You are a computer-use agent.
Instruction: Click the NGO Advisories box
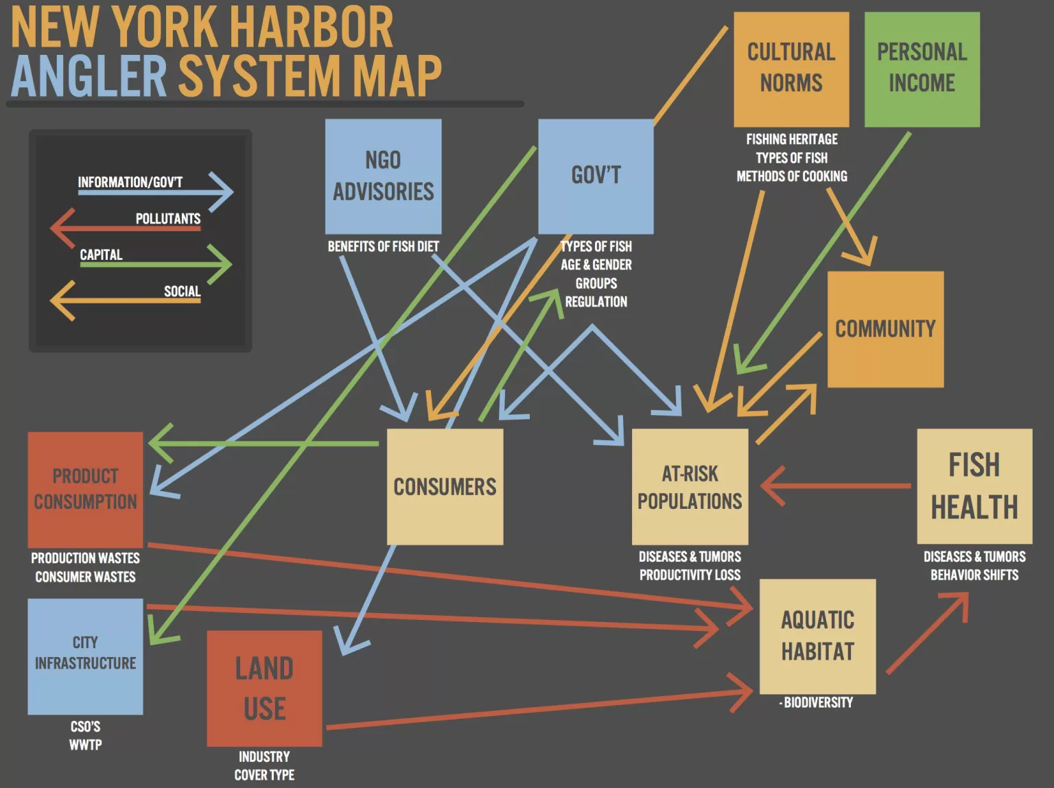click(x=383, y=176)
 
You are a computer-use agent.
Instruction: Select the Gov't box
click(x=596, y=176)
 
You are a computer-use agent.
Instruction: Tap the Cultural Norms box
click(x=791, y=69)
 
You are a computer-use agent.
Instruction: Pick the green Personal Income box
click(x=922, y=69)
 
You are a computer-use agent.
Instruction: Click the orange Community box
click(x=885, y=329)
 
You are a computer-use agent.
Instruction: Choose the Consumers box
click(x=445, y=487)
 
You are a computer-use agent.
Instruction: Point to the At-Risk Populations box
click(x=690, y=487)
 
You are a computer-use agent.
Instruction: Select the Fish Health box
click(x=974, y=486)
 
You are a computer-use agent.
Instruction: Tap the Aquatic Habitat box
click(x=817, y=636)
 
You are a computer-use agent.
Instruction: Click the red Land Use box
click(x=264, y=689)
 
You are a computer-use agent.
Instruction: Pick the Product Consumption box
click(x=85, y=489)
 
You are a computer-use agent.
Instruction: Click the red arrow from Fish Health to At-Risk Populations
click(x=837, y=486)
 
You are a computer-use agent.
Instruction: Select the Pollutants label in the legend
click(x=167, y=219)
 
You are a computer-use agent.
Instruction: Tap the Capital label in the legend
click(x=101, y=255)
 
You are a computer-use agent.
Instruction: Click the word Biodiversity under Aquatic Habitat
click(x=818, y=702)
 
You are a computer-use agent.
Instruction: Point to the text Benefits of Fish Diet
click(x=383, y=246)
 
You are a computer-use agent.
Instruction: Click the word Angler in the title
click(x=89, y=75)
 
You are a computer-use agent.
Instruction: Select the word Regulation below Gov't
click(x=596, y=302)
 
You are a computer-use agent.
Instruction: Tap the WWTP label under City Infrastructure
click(x=85, y=745)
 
